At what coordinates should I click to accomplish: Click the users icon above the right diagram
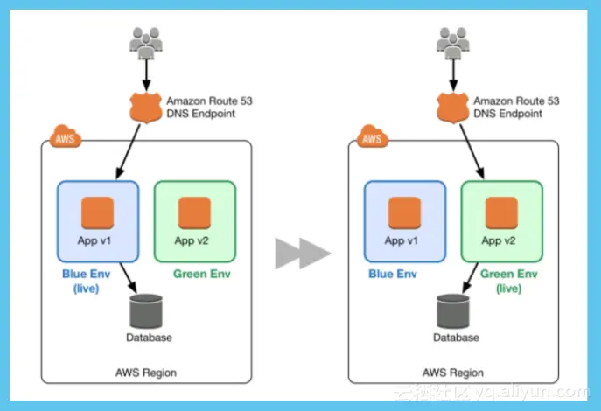coord(451,41)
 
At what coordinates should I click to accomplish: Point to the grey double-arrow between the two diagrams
coord(303,254)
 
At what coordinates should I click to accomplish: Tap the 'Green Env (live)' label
coord(503,281)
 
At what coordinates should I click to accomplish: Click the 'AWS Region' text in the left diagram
coord(146,373)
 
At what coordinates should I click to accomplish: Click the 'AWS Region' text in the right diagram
coord(453,373)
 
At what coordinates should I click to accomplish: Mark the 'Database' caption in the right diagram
coord(453,338)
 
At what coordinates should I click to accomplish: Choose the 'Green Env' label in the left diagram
coord(202,274)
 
